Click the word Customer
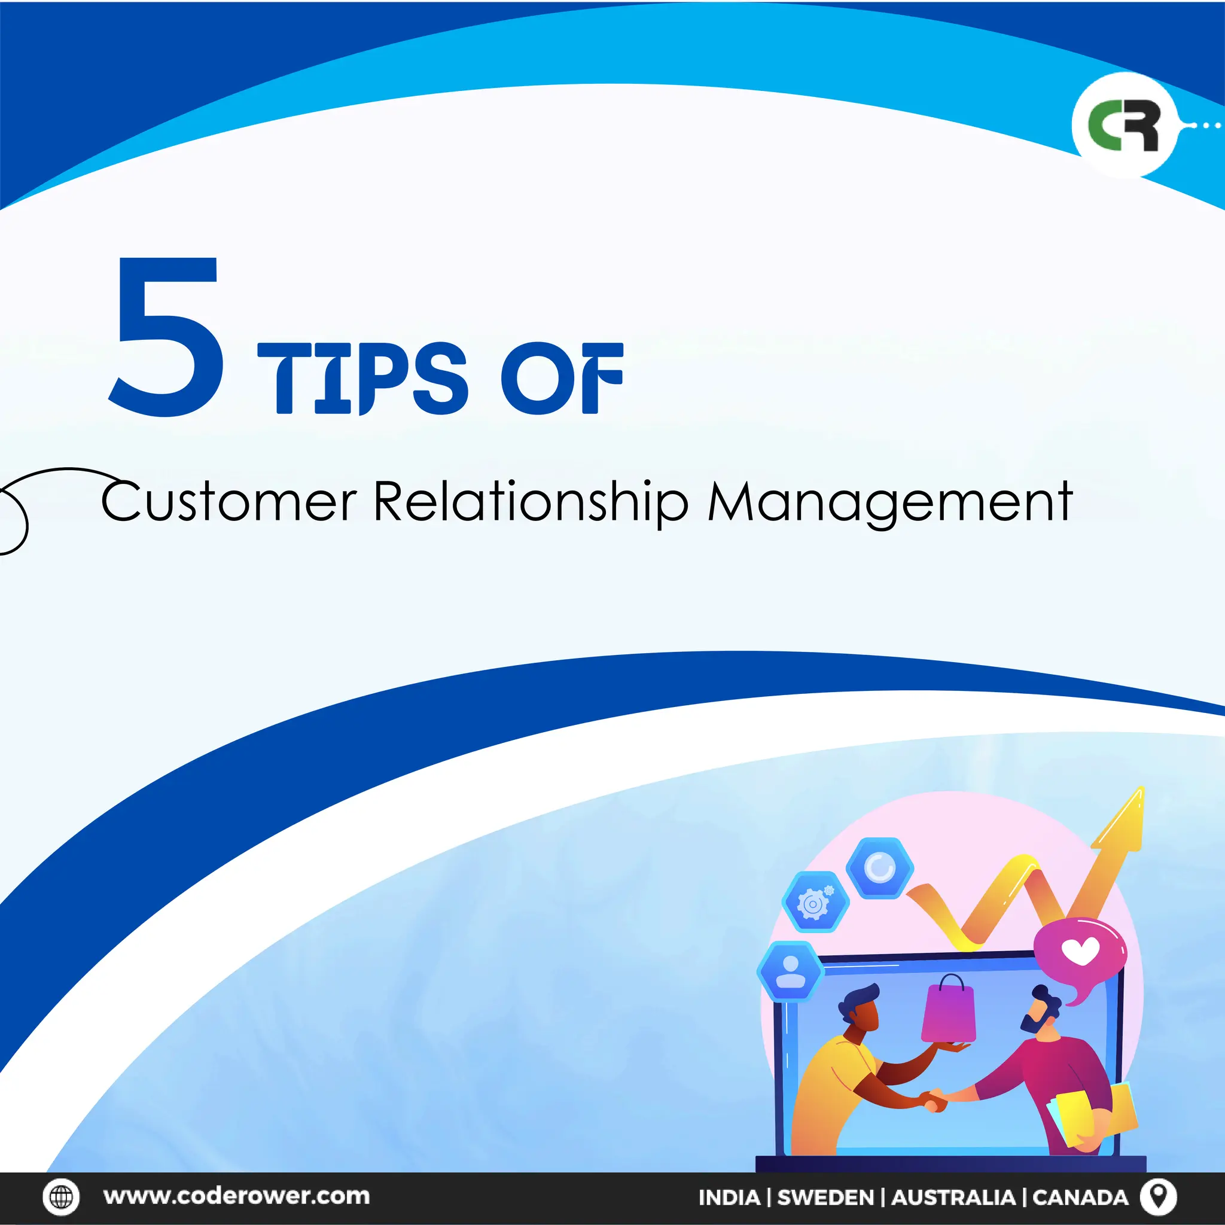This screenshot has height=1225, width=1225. (228, 502)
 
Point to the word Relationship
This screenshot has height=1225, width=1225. (531, 502)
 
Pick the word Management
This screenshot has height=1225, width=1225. (889, 502)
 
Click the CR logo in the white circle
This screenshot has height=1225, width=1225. (1124, 125)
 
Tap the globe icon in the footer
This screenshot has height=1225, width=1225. (62, 1196)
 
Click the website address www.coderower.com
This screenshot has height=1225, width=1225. (236, 1196)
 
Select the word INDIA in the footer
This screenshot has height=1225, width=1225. (729, 1197)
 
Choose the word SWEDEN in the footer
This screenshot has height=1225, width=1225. (825, 1197)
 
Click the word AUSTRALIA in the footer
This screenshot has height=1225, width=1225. (953, 1197)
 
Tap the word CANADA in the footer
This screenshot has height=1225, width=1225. (1080, 1197)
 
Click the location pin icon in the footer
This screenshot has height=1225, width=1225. (1159, 1196)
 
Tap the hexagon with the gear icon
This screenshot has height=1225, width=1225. (815, 903)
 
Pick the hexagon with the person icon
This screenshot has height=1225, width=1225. (791, 971)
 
